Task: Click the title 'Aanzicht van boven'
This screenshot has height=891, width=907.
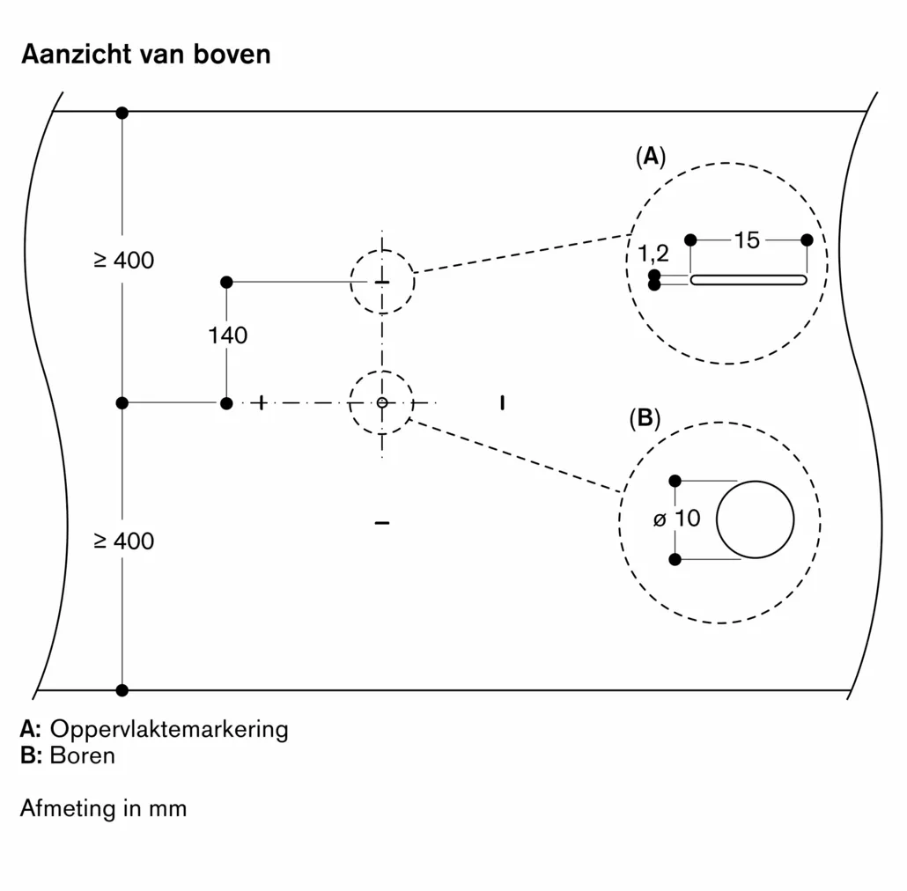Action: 145,55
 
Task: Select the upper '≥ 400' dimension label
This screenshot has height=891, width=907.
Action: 123,261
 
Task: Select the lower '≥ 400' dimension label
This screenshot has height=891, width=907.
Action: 123,541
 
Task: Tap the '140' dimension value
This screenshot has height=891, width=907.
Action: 228,335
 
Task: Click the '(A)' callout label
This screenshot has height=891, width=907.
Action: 651,157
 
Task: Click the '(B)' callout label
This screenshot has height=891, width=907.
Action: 645,418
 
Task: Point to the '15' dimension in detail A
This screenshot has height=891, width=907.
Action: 747,239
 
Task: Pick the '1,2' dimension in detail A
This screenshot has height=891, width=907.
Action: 653,254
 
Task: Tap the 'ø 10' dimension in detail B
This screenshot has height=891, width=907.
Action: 677,519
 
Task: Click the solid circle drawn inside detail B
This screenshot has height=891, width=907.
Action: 755,519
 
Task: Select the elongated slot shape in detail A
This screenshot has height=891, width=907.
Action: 748,280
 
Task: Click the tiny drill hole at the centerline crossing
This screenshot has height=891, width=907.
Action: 381,402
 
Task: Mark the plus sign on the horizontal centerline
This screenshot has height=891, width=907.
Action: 260,403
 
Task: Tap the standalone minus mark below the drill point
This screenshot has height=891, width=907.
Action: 381,524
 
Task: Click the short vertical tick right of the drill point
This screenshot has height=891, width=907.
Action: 502,403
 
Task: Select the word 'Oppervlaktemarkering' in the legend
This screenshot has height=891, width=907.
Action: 169,729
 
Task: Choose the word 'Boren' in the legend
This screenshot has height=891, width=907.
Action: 83,755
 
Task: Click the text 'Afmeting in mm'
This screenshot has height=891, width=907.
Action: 103,808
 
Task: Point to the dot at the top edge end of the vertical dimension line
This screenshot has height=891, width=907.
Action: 122,113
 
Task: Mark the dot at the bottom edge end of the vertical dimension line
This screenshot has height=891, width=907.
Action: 122,690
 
